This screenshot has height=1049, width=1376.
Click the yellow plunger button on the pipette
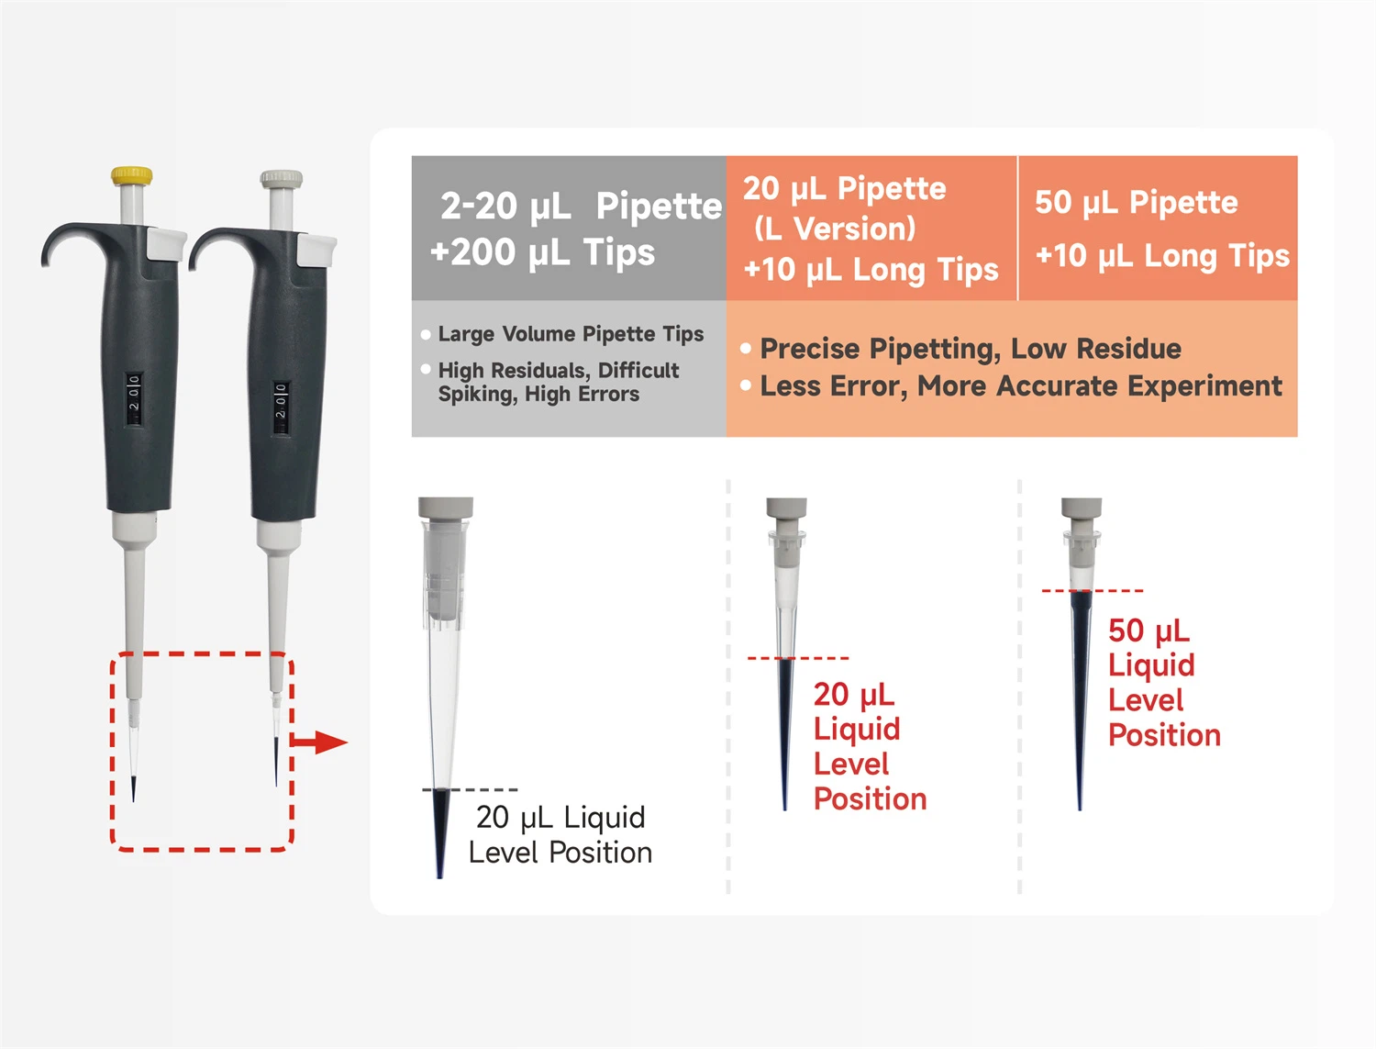tap(132, 175)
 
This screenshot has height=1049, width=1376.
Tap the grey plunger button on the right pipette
tap(282, 179)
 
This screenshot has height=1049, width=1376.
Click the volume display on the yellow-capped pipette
tap(134, 399)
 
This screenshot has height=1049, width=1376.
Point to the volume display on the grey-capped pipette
tap(280, 407)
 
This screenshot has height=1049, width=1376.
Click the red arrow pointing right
tap(320, 742)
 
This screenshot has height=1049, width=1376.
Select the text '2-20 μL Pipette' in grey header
tap(581, 206)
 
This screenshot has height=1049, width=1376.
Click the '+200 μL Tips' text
tap(542, 252)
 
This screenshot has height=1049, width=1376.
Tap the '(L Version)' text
tap(835, 229)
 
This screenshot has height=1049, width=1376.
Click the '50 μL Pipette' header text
tap(1136, 202)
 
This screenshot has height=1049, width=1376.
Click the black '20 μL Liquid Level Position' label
tap(560, 834)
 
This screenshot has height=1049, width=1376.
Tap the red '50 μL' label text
tap(1149, 631)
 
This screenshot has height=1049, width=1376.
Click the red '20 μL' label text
tap(854, 695)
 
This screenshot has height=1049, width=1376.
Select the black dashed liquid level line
tap(471, 789)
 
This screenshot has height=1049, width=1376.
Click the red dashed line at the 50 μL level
tap(1092, 591)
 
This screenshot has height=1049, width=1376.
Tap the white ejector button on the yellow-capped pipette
tap(167, 244)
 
